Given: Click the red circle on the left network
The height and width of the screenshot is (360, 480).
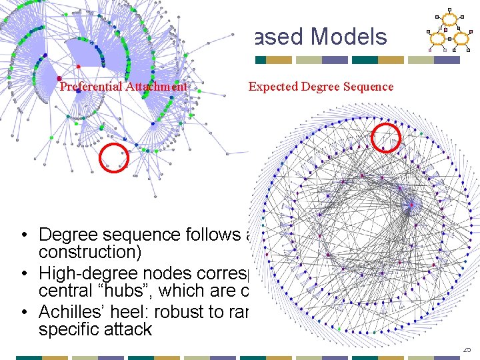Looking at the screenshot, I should (114, 159).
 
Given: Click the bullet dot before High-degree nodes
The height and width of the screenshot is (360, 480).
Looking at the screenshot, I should (23, 274).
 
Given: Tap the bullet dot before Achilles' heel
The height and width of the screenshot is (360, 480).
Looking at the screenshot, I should (23, 312).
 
